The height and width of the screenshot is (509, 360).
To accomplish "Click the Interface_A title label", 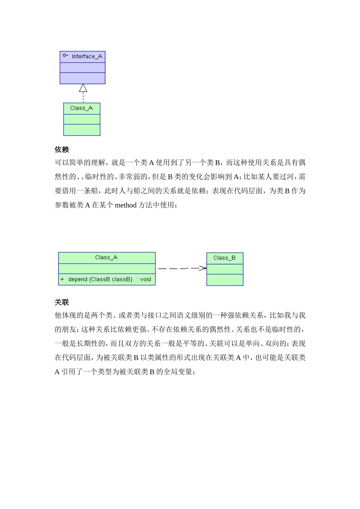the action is [x=87, y=56].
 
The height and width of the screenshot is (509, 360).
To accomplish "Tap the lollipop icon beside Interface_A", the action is [x=65, y=56].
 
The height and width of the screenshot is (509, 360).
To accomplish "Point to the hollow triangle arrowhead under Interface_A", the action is [x=83, y=88].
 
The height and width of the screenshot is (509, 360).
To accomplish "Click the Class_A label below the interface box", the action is [x=81, y=108].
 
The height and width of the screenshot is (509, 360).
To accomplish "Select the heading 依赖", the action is [x=62, y=150].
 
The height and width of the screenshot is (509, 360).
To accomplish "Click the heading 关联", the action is [x=62, y=302].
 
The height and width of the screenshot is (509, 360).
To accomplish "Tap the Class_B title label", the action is [x=224, y=258].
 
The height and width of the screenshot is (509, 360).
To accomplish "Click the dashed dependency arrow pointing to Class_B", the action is [x=182, y=268].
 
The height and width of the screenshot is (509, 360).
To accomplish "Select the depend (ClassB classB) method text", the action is [x=100, y=279].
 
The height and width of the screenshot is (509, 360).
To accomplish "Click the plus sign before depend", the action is [x=62, y=279].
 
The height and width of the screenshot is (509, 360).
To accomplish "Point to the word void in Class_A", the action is [x=146, y=279].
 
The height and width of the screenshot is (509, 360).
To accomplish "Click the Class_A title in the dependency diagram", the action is [x=106, y=258].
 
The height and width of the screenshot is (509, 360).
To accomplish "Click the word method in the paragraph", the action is [x=125, y=205].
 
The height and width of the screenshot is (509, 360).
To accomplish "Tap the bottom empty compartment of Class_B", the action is [x=225, y=280].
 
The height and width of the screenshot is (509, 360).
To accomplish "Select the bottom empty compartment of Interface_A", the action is [x=82, y=78].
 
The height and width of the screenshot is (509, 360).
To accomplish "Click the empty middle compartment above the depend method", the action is [x=107, y=269].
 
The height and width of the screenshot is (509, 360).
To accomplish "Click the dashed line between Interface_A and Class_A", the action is [x=83, y=98].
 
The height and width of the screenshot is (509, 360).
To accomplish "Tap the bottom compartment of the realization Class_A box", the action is [x=81, y=130].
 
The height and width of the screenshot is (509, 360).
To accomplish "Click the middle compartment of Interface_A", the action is [x=82, y=67].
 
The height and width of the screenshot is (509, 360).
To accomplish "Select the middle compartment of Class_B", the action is [x=225, y=269].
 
